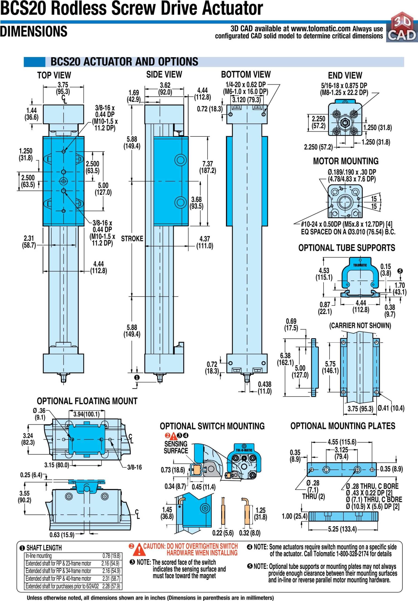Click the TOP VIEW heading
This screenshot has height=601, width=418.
pos(54,75)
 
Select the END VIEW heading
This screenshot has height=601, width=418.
pos(345,75)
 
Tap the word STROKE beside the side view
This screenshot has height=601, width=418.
pos(132,239)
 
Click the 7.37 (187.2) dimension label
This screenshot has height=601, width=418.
pos(207,167)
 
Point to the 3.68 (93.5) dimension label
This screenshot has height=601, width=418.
pos(196,203)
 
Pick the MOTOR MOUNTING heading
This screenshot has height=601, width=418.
pos(346,161)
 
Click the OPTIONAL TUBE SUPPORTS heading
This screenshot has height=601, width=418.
pos(347,248)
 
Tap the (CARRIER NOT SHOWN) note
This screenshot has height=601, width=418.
pos(360,325)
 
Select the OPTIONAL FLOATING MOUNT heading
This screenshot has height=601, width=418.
pos(87,401)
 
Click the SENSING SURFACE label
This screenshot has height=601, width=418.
pos(176,447)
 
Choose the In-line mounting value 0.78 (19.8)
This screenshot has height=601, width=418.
pos(111,556)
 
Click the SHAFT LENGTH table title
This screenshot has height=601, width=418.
pos(44,548)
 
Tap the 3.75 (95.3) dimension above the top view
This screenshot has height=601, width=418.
pos(63,88)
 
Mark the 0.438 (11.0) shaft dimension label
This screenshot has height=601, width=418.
pos(264,388)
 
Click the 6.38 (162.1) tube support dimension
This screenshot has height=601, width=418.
pos(285,359)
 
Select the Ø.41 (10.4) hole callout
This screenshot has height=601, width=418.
pos(391,408)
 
